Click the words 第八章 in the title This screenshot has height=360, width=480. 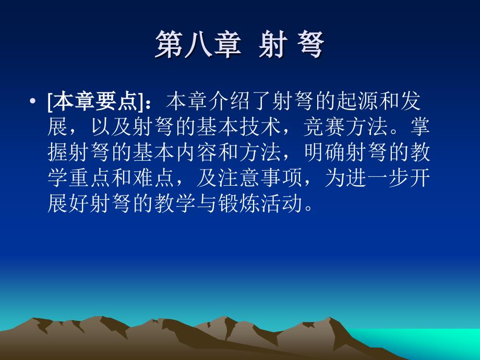tap(198, 45)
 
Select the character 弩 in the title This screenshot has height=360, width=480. tap(310, 45)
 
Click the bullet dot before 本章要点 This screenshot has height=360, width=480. tap(33, 101)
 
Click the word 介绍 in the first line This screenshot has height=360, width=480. tap(230, 101)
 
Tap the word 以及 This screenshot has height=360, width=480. tap(112, 127)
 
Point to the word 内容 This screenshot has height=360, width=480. tap(197, 152)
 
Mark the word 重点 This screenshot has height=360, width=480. tap(90, 178)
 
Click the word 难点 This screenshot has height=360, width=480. tap(154, 178)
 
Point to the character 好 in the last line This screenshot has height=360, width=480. tap(80, 204)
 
